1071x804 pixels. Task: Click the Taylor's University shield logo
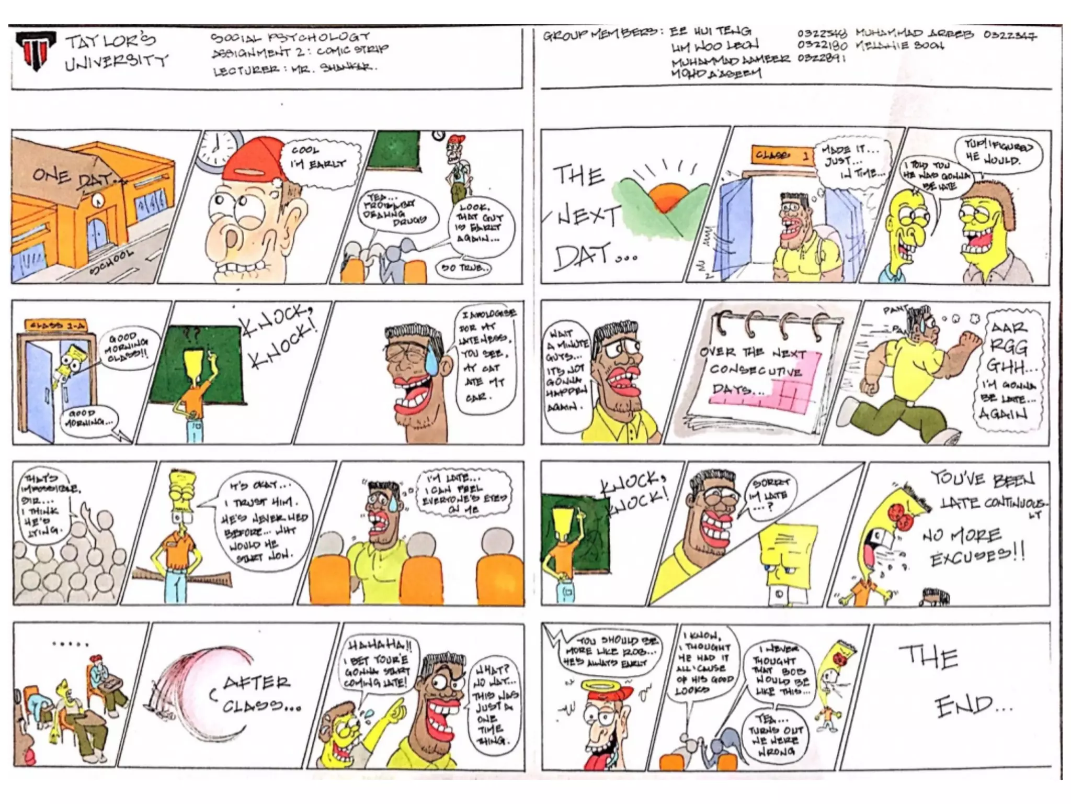36,51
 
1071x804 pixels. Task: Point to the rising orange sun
667,196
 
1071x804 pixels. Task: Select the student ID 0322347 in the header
1009,36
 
